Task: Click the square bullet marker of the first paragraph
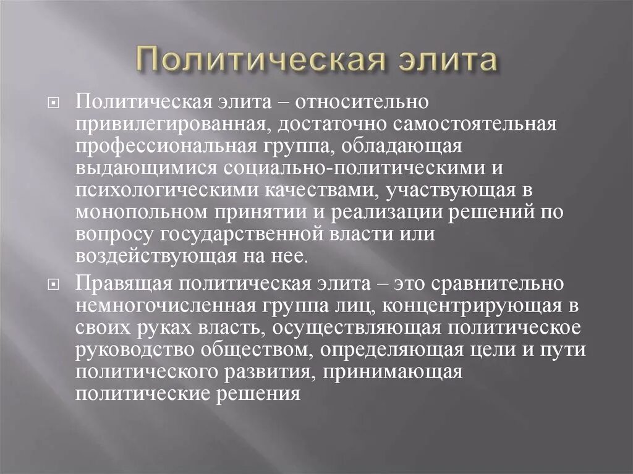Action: pyautogui.click(x=54, y=103)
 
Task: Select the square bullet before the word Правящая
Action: pyautogui.click(x=54, y=284)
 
